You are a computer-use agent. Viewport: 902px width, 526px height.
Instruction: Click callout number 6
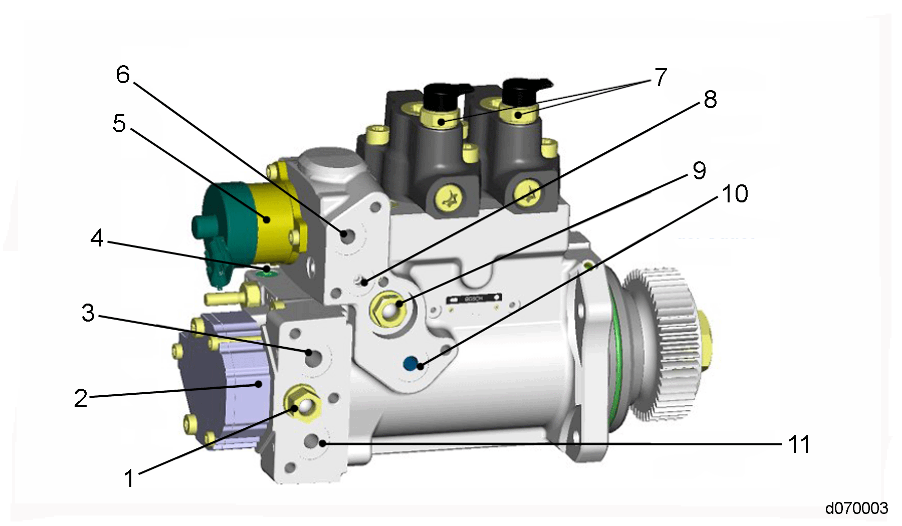(123, 75)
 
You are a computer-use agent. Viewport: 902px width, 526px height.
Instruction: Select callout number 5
(119, 123)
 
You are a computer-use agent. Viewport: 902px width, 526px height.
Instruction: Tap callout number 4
(97, 238)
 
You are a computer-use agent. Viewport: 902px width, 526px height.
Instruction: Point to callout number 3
(88, 313)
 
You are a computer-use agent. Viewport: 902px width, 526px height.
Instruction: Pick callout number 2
(81, 398)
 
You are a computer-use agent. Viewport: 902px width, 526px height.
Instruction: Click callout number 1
(129, 478)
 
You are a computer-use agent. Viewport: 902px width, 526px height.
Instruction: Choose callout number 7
(661, 77)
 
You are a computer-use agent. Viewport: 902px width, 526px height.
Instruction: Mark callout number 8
(710, 100)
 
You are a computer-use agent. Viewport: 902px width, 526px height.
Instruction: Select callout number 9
(699, 171)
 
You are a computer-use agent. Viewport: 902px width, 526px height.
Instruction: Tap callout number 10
(735, 194)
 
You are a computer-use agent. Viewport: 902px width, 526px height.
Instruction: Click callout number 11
(799, 444)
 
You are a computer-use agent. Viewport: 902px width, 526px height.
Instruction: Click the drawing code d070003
(856, 508)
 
